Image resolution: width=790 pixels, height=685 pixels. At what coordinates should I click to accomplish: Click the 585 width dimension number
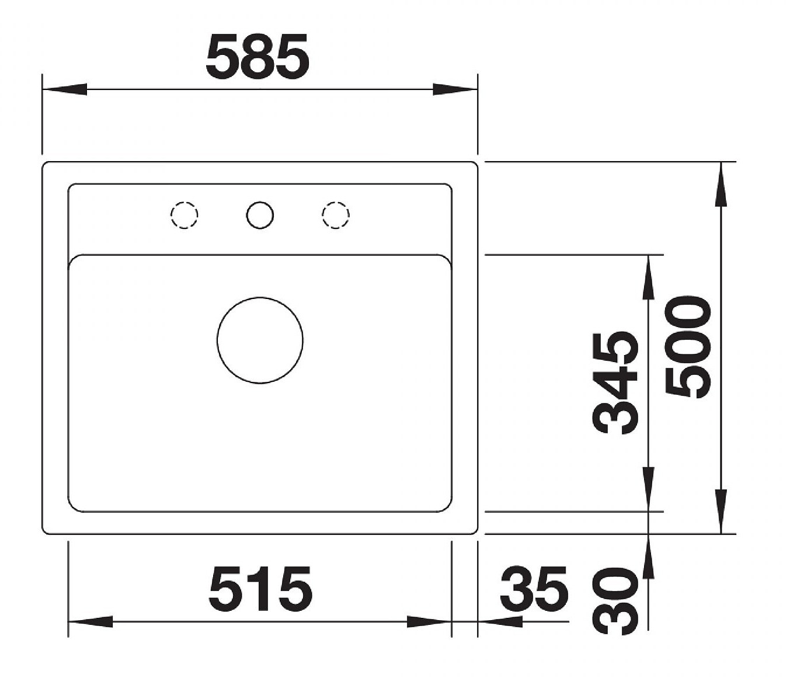[x=257, y=56]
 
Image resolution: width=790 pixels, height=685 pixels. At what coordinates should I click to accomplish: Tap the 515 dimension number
[x=260, y=589]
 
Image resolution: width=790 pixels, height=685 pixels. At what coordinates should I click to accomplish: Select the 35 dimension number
[x=534, y=589]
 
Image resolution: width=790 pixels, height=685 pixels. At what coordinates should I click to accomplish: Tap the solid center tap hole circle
[x=260, y=215]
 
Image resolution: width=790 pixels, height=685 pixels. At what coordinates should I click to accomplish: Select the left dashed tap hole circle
[x=185, y=215]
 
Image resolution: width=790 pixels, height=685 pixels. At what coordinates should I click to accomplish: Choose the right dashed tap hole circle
[x=336, y=215]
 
